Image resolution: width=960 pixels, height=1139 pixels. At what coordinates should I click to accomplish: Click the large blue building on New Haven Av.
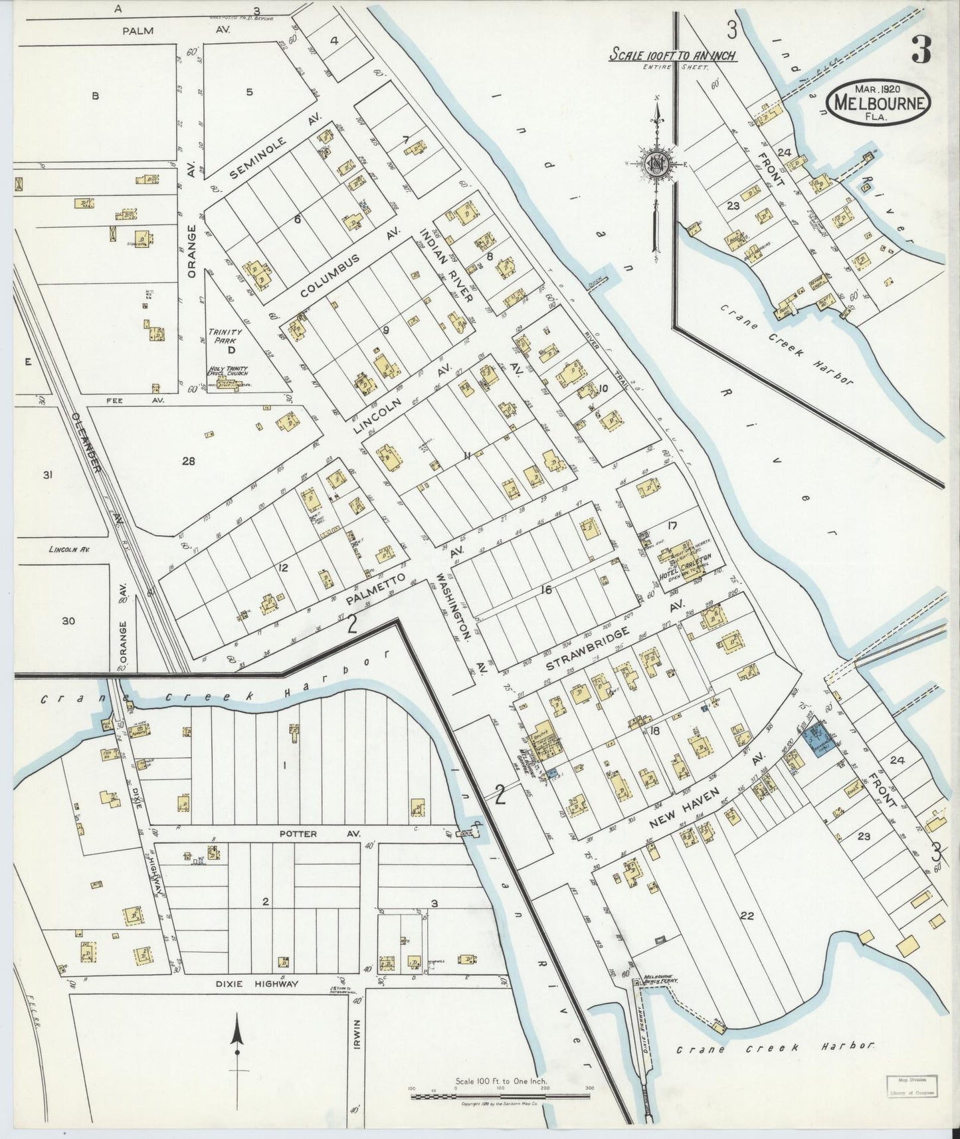click(820, 739)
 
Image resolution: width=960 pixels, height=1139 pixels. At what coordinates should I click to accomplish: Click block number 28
click(189, 461)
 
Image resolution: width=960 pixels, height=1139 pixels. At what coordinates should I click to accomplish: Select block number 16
click(546, 589)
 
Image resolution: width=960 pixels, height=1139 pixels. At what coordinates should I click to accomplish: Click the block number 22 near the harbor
click(746, 916)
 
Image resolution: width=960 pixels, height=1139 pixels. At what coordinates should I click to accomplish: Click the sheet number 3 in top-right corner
click(921, 49)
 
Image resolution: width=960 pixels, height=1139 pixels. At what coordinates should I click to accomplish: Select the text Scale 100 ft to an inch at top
click(672, 55)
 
